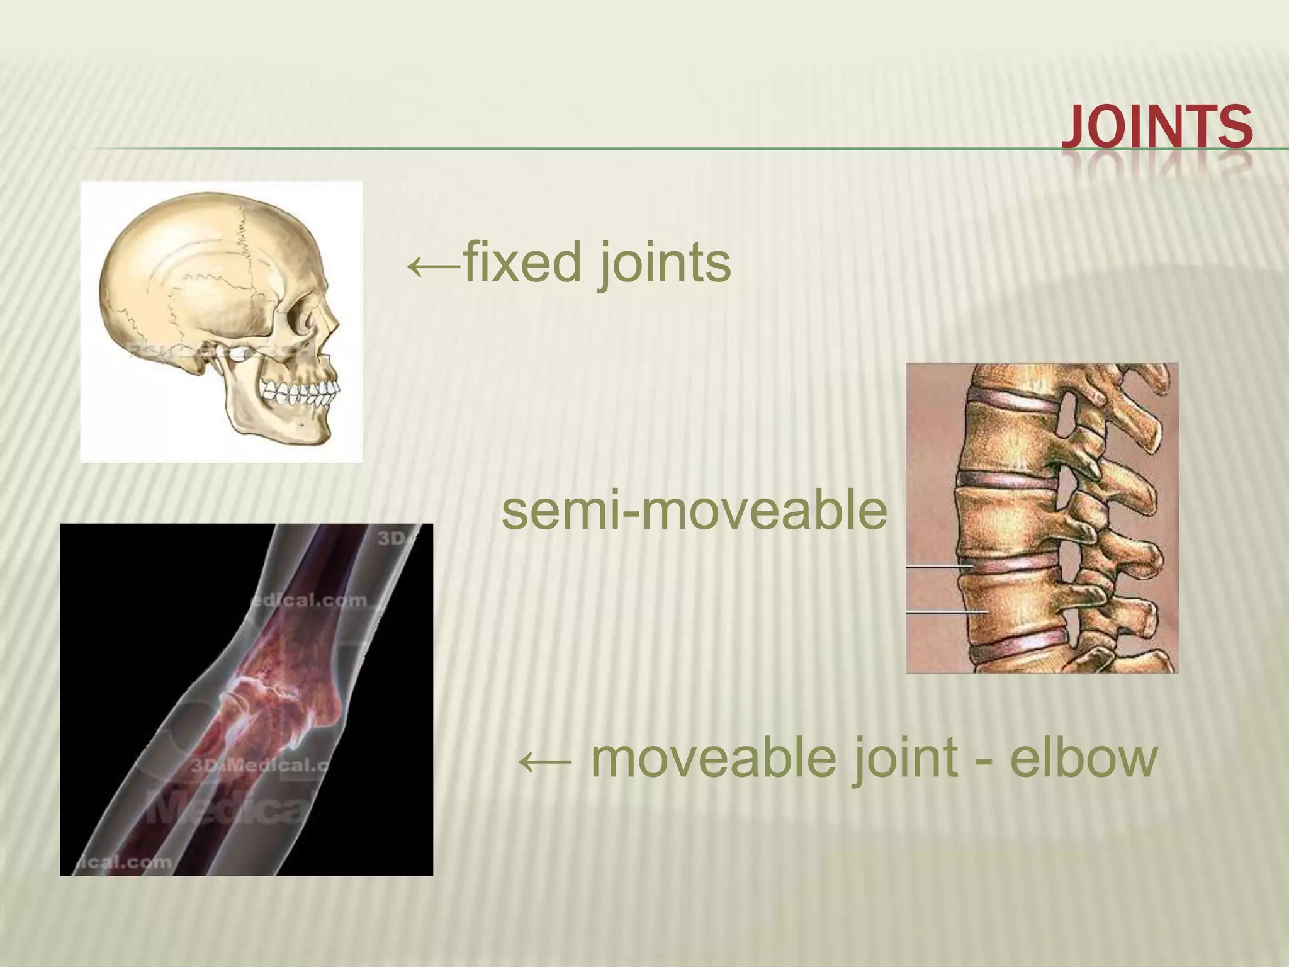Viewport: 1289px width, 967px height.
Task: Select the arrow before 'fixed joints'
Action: click(x=434, y=266)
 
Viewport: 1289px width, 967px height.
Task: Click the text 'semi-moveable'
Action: click(x=694, y=511)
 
